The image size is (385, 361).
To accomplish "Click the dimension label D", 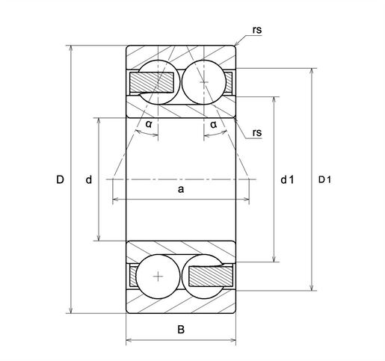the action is tap(60, 179).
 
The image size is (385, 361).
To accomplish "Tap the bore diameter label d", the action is tap(89, 179).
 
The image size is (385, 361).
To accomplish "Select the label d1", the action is tap(287, 179).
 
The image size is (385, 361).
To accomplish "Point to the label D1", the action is tap(324, 179).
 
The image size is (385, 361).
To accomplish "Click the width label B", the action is tap(181, 330).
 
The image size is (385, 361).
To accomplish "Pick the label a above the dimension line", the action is tap(181, 189).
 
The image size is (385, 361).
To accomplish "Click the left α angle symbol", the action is tap(149, 124).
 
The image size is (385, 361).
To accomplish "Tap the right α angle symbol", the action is tap(214, 124).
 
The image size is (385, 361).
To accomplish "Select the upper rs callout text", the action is tap(257, 30).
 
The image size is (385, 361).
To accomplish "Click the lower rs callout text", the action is tap(257, 132).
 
